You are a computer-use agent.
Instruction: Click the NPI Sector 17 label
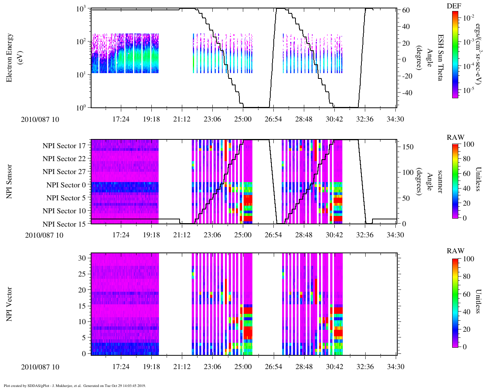(64, 146)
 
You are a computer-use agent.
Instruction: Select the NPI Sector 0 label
(66, 185)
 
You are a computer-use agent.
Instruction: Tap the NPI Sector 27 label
(64, 172)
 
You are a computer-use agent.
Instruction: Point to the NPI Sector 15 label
(64, 224)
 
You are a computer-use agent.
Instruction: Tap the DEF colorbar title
(454, 6)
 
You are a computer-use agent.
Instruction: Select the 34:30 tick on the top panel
(395, 119)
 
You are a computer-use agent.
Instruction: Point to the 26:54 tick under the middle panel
(273, 235)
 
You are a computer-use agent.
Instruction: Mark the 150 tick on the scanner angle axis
(408, 147)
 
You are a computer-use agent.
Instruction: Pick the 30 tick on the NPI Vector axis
(82, 258)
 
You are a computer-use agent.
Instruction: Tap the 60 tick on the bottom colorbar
(466, 294)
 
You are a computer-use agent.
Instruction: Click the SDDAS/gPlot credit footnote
(74, 385)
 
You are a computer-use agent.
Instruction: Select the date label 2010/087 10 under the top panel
(40, 119)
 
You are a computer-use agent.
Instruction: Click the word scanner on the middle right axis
(440, 182)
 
